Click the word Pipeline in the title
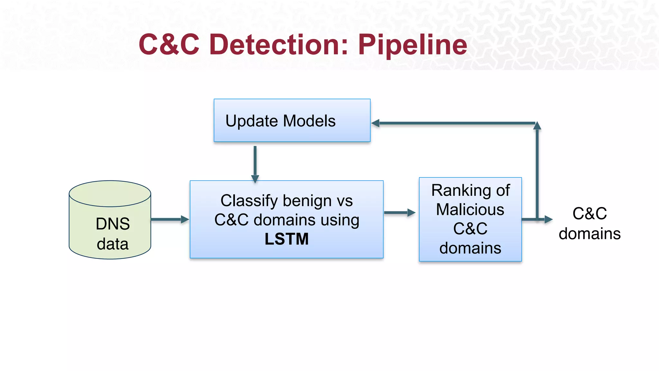412,45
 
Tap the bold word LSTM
286,239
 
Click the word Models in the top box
309,121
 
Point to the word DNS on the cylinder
113,224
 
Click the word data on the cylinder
113,244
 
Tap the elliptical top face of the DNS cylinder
110,194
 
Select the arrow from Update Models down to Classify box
255,164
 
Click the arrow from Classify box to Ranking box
399,213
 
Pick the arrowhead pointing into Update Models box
376,123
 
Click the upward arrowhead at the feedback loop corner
537,126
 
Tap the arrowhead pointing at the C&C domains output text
548,220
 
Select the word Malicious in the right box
470,210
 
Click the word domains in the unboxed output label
589,234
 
